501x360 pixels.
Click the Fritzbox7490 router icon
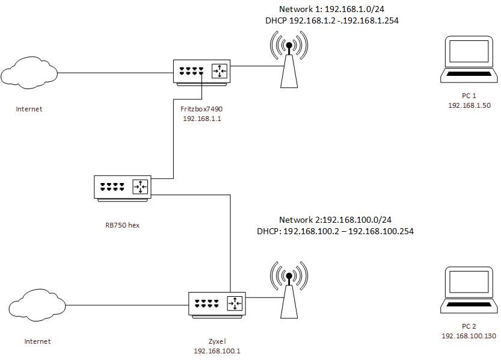(201, 71)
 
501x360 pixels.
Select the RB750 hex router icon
(123, 187)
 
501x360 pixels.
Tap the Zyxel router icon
(217, 304)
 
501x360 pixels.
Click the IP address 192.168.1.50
(469, 105)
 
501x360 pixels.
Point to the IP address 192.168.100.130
(469, 336)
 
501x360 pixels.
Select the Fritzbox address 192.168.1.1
(201, 119)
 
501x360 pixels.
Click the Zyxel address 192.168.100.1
(217, 350)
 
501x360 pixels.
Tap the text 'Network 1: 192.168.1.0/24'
(331, 10)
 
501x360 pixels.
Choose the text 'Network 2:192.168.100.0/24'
(331, 220)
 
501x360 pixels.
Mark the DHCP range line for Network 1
(332, 20)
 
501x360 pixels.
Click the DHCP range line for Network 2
(335, 231)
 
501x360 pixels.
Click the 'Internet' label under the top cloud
(29, 109)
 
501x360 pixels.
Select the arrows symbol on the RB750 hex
(141, 187)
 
